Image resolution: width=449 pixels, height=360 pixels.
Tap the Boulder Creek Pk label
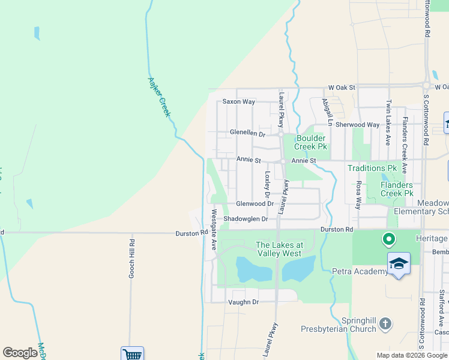click(312, 142)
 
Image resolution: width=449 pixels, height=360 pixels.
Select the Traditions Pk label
click(373, 169)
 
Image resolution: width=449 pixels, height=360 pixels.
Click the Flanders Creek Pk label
click(397, 190)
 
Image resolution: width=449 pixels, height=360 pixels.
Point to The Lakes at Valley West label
click(279, 249)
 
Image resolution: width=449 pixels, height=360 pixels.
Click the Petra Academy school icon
click(399, 264)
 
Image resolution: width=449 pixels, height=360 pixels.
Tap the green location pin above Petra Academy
click(388, 240)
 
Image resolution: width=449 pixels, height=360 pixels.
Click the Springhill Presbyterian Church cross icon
click(385, 324)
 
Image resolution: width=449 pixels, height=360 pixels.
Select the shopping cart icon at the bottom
click(132, 354)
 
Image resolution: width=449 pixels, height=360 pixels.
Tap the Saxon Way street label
click(239, 102)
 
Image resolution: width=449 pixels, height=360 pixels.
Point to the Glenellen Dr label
click(247, 133)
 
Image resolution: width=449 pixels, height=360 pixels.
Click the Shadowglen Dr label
click(246, 220)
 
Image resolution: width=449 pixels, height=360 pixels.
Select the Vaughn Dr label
click(243, 302)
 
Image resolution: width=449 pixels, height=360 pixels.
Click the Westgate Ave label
click(213, 230)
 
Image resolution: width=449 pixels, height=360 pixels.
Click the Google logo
click(20, 353)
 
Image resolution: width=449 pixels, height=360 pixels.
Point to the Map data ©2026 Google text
click(412, 355)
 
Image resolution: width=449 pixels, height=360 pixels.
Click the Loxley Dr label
click(268, 185)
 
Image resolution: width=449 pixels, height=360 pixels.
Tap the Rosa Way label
click(359, 195)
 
